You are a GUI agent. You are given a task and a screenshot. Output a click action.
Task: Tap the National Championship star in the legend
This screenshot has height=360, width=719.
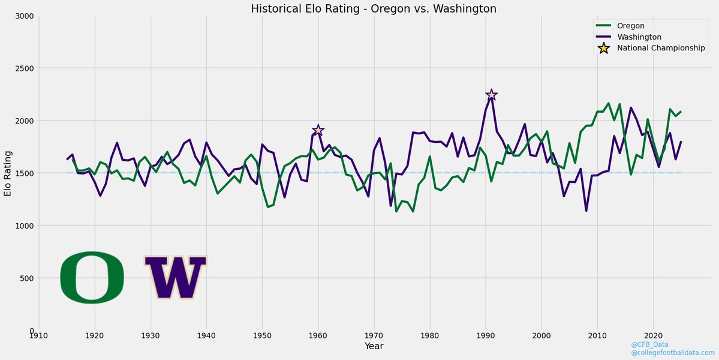click(604, 48)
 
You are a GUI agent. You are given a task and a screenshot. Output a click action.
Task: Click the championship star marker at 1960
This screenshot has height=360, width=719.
click(318, 130)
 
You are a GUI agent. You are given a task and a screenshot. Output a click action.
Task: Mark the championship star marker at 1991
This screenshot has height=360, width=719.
click(491, 95)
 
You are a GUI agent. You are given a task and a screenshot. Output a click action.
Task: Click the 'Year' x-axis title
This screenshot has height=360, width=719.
click(374, 347)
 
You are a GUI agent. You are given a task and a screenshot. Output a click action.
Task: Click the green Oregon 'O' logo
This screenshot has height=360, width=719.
click(92, 277)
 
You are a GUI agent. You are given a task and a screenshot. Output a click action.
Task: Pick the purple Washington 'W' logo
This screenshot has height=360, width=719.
click(176, 278)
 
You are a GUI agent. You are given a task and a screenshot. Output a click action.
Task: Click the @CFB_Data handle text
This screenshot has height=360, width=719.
click(649, 344)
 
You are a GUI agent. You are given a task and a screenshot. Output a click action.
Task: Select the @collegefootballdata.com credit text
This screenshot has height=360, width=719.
click(672, 353)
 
